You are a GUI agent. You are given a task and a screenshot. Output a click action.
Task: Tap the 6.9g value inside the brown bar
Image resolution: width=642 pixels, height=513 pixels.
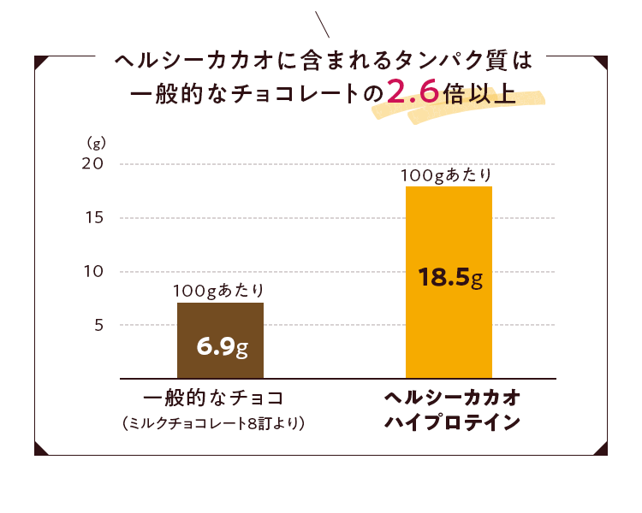(222, 347)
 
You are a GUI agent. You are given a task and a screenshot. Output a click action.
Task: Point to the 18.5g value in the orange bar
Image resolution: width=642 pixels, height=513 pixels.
(451, 278)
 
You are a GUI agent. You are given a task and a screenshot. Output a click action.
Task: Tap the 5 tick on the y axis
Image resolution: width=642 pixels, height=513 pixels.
(98, 325)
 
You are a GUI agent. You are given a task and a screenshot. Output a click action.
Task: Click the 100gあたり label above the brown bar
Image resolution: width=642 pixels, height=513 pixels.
(219, 290)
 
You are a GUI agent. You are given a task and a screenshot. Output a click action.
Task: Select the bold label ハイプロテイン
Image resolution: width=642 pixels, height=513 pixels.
(450, 422)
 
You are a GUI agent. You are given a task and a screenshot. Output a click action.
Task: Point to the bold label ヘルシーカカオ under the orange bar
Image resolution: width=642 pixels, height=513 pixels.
(450, 398)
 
